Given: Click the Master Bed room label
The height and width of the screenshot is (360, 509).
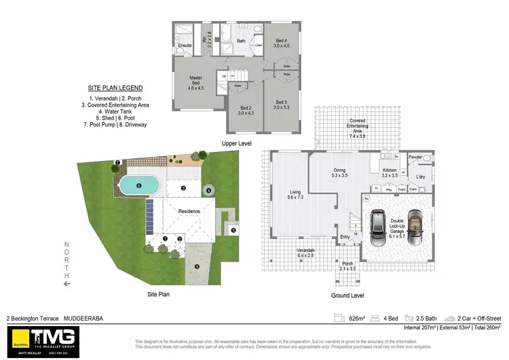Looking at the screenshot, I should [195, 83].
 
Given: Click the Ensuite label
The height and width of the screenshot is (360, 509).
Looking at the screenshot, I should [185, 46].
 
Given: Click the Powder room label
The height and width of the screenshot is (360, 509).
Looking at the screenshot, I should [416, 157].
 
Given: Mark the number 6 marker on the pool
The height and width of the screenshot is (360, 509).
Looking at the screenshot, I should [138, 185].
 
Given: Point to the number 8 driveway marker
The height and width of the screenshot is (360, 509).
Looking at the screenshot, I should [197, 267].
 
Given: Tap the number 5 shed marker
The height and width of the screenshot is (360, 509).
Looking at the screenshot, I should [233, 230].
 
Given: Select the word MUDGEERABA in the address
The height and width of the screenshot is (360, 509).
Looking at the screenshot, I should [85, 318].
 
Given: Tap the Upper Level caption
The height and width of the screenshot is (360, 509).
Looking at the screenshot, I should [237, 144].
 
